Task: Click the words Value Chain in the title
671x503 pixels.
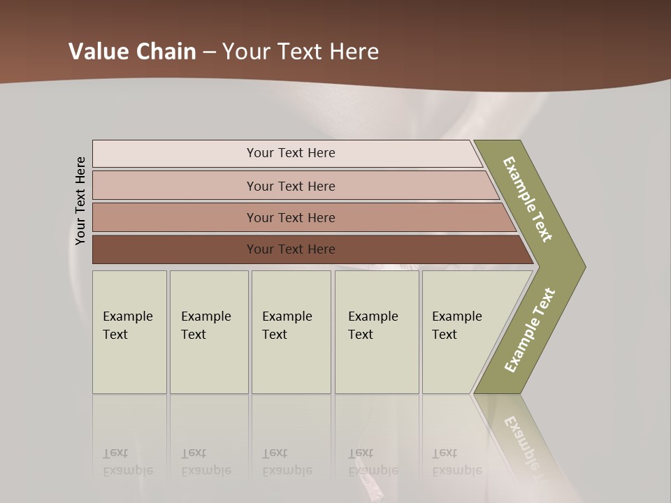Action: [x=132, y=52]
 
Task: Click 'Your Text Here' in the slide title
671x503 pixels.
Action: [x=301, y=52]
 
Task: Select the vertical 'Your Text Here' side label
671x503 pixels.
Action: [x=80, y=201]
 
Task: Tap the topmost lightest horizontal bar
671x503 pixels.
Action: [x=290, y=153]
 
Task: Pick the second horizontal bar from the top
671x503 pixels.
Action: [x=290, y=186]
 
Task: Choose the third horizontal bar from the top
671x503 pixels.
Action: [x=290, y=217]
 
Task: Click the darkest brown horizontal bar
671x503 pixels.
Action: [x=290, y=249]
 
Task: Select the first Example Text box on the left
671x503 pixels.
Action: [x=129, y=332]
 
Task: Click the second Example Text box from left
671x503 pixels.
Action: [x=208, y=332]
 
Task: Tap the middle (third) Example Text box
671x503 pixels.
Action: [x=291, y=332]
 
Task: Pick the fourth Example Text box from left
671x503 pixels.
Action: [x=376, y=332]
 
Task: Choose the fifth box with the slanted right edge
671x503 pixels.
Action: [x=461, y=332]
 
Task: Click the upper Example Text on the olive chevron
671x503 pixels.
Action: [x=528, y=199]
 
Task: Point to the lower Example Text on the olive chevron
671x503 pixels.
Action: [x=530, y=330]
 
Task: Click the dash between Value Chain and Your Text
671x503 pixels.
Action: [x=209, y=52]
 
